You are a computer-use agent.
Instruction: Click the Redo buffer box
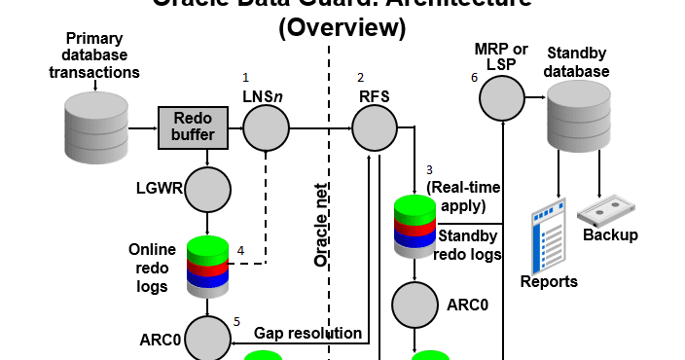point(193,128)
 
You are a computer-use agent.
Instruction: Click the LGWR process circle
point(206,190)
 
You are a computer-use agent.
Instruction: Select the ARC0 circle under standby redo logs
point(416,305)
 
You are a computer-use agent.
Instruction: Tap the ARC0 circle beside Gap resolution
point(206,338)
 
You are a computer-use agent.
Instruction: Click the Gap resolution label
point(307,334)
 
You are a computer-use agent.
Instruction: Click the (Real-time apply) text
point(455,197)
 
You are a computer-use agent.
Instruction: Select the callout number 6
point(474,78)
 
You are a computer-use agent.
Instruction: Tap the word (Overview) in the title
point(342,28)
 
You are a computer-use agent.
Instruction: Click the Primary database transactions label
point(94,57)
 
